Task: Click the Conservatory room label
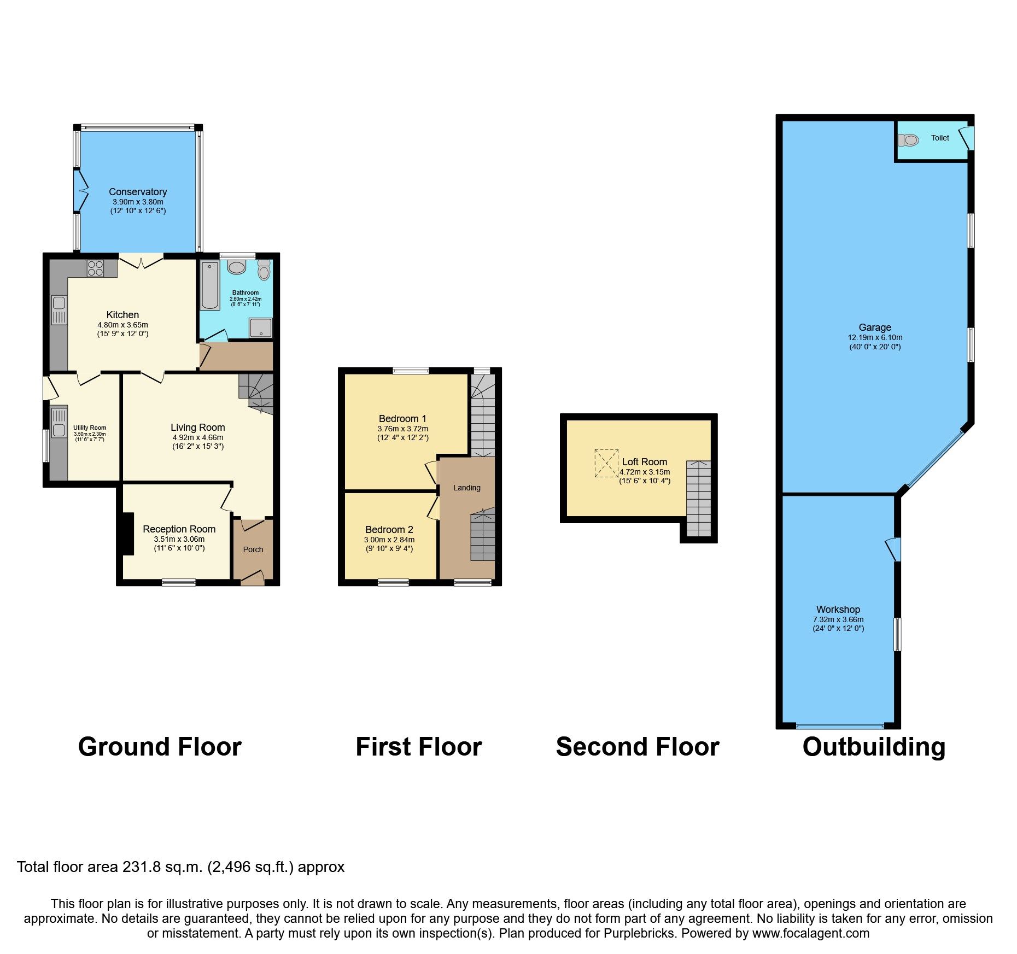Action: [137, 191]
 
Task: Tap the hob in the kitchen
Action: [95, 268]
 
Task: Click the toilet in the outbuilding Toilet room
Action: [909, 141]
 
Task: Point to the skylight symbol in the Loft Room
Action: [606, 463]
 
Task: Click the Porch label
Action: [253, 549]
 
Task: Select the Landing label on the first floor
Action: [466, 488]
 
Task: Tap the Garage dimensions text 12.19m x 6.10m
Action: [875, 337]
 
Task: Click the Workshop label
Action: [838, 609]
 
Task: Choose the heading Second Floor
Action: [637, 747]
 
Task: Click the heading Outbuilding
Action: [873, 747]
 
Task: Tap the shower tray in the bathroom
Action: [260, 327]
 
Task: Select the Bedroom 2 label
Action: [389, 529]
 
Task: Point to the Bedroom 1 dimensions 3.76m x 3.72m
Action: [402, 429]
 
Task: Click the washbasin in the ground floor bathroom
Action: [237, 268]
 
